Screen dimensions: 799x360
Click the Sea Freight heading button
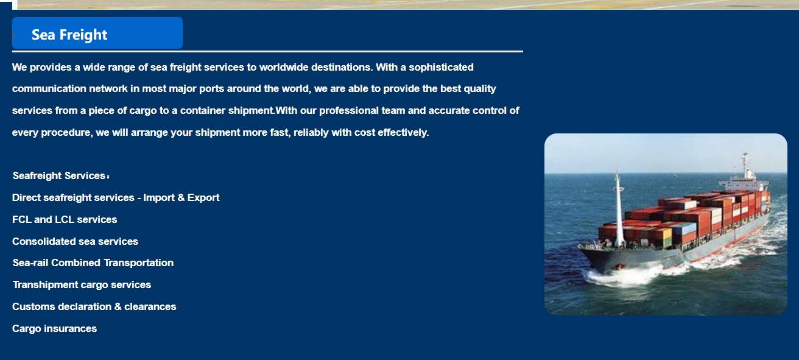pyautogui.click(x=97, y=33)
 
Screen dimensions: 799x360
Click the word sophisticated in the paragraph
pyautogui.click(x=442, y=68)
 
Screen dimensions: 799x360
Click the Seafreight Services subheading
pyautogui.click(x=61, y=176)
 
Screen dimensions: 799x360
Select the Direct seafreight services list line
pyautogui.click(x=116, y=197)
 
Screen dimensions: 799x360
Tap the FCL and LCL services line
pyautogui.click(x=65, y=219)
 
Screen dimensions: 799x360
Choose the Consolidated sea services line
pyautogui.click(x=75, y=242)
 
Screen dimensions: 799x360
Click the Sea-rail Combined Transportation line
pyautogui.click(x=93, y=263)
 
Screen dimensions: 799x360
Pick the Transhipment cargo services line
pyautogui.click(x=82, y=284)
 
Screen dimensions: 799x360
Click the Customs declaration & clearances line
pyautogui.click(x=94, y=307)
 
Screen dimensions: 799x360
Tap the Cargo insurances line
pyautogui.click(x=55, y=328)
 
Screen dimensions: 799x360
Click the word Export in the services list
pyautogui.click(x=203, y=198)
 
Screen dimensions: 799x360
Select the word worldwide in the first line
pyautogui.click(x=284, y=68)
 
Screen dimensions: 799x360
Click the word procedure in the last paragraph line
pyautogui.click(x=67, y=133)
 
